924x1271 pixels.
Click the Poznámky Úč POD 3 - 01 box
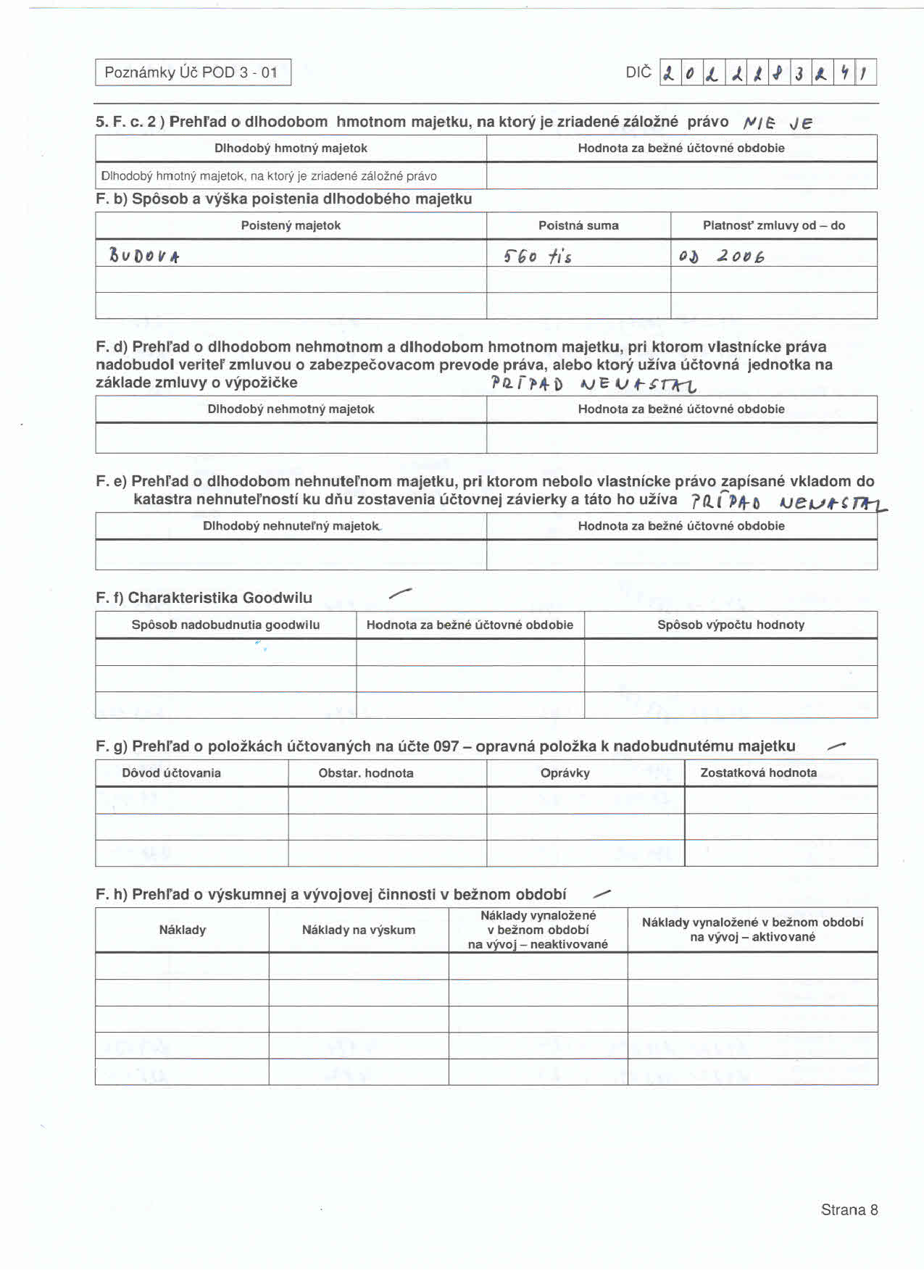tap(193, 72)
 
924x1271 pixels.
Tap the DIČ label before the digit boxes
tap(638, 72)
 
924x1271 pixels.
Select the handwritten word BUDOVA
tap(143, 256)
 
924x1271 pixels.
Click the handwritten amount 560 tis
tap(537, 256)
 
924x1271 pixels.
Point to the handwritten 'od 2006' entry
tap(721, 256)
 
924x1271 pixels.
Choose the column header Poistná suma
tap(578, 225)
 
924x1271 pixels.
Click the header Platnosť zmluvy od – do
tap(773, 225)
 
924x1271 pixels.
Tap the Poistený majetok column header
tap(291, 225)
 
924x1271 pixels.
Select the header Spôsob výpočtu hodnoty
tap(731, 625)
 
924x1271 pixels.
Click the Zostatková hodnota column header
tap(758, 772)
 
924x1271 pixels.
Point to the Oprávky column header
tap(565, 772)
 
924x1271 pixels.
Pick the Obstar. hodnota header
tap(366, 772)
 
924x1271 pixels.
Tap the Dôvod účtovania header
tap(171, 772)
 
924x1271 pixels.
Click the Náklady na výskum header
tap(359, 930)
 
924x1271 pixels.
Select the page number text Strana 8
tap(849, 1209)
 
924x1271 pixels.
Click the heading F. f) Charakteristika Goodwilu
tap(204, 598)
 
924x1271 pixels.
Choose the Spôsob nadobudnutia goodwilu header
tap(225, 625)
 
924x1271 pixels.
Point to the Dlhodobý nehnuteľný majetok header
tap(291, 525)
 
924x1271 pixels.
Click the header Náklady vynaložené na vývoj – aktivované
tap(752, 930)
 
